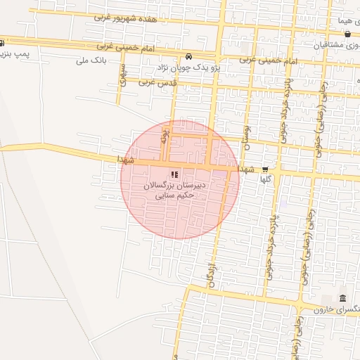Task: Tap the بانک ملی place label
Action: coord(91,60)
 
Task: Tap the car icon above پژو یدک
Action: coord(188,57)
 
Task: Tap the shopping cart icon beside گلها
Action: coord(265,169)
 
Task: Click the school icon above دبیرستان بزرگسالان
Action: coord(174,174)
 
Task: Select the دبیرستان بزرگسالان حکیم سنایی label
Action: coord(174,191)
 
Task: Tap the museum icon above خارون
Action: coord(342,298)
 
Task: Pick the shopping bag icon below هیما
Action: coord(347,34)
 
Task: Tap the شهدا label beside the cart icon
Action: coord(247,169)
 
